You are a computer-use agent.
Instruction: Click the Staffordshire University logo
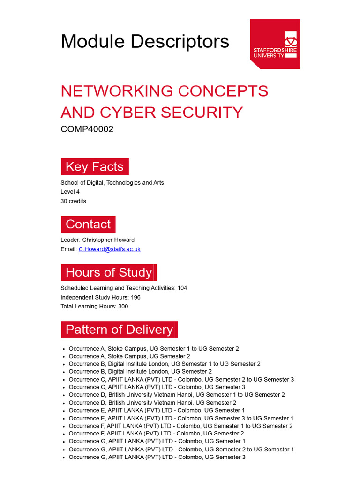(x=275, y=44)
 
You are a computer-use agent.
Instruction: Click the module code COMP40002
(x=87, y=129)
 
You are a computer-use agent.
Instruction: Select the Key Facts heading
(x=95, y=167)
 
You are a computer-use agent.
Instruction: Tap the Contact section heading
(x=88, y=224)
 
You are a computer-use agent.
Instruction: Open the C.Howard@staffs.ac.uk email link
(x=109, y=249)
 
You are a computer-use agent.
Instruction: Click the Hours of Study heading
(x=109, y=272)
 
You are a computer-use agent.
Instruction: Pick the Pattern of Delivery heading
(x=120, y=330)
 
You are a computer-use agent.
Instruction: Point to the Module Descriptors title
(x=145, y=41)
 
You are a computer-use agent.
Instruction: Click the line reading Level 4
(x=70, y=192)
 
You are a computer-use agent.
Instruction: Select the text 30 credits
(x=73, y=201)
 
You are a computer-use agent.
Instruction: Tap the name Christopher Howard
(x=108, y=240)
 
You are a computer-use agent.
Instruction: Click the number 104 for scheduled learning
(x=182, y=288)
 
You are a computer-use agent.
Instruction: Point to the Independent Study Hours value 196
(x=135, y=297)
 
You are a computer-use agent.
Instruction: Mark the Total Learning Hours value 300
(x=123, y=307)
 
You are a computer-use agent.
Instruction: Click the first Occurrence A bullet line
(x=154, y=349)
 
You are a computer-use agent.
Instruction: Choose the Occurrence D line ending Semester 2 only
(x=152, y=403)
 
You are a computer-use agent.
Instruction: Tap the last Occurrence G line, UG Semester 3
(x=157, y=457)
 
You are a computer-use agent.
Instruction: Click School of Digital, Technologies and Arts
(x=112, y=183)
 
